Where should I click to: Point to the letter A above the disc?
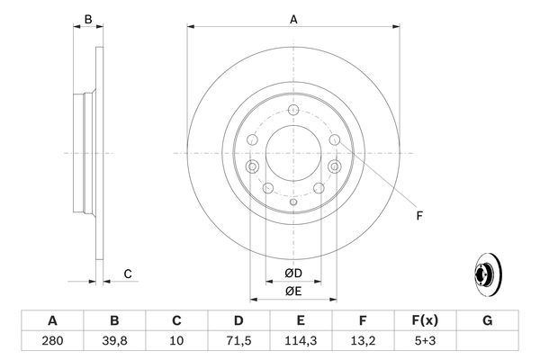point(293,17)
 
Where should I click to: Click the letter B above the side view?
point(87,18)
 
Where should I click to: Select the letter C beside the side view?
point(128,274)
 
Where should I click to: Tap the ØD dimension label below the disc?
point(293,274)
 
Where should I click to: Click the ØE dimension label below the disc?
point(293,291)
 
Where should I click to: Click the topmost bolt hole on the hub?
point(293,111)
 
